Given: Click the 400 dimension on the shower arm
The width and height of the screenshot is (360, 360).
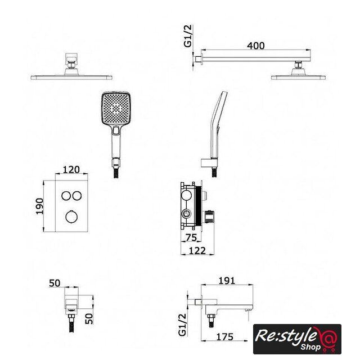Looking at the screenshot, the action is point(255,46).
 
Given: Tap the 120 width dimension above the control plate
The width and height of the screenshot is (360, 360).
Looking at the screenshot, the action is point(71,169).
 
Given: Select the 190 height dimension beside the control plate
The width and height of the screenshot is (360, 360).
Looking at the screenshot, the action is point(39,206).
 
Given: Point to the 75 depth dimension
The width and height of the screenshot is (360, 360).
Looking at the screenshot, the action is point(191,237).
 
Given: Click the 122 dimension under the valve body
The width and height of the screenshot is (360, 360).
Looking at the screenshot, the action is point(197,250).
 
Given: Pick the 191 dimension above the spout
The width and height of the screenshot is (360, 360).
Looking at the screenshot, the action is point(227,281).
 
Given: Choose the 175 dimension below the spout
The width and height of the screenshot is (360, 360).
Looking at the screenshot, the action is point(225,337).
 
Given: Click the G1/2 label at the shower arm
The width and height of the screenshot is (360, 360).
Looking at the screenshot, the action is point(188,36).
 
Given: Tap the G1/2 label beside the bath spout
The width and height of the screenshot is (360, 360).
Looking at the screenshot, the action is point(182,325).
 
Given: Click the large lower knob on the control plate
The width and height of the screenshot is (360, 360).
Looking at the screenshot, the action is point(71,217).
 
